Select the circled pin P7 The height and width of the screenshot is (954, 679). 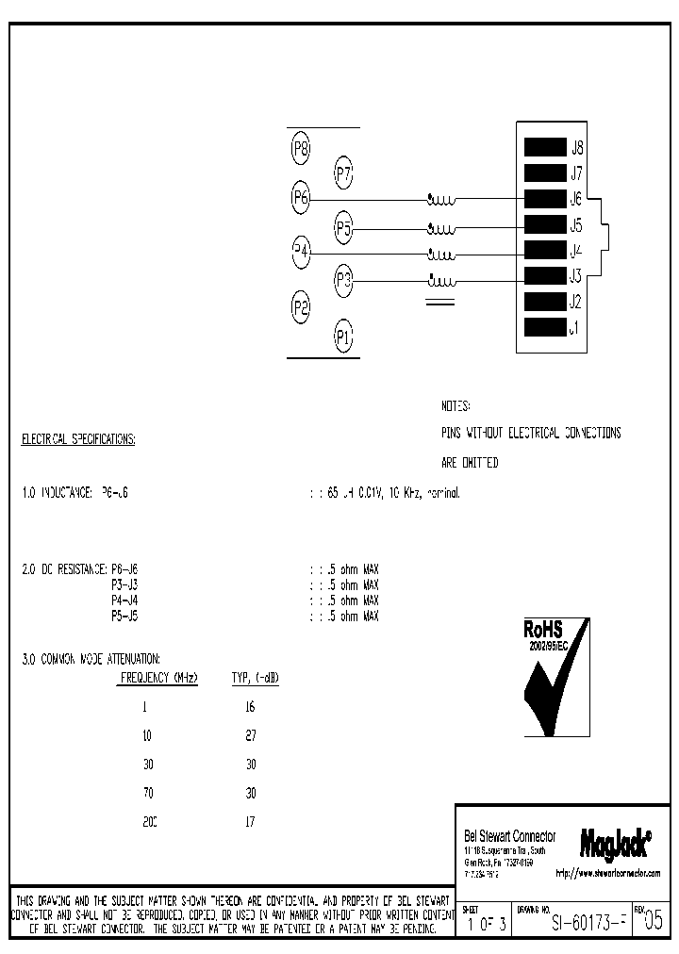point(343,173)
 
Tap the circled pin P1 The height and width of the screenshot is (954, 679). point(343,336)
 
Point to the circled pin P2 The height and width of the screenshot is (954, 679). point(301,306)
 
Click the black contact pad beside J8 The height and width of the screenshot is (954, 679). point(543,147)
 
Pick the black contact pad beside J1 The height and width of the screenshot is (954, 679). point(543,328)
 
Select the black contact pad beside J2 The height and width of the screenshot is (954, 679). point(543,303)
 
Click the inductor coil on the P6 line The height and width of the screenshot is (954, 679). point(441,200)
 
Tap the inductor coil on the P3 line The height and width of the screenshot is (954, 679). point(441,280)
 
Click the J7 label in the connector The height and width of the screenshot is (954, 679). point(576,173)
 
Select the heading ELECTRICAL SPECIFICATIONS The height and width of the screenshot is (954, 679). point(78,440)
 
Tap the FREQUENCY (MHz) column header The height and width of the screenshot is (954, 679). point(158,678)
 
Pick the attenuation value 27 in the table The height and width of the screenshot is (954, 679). point(250,735)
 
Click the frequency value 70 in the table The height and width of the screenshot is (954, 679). point(146,793)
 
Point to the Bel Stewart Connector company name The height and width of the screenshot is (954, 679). point(510,836)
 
